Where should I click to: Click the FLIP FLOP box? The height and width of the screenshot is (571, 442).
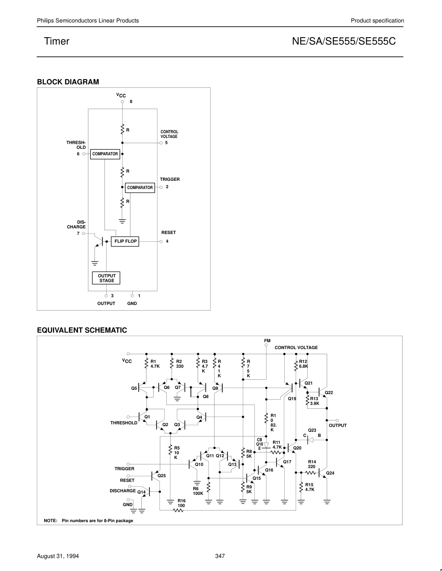click(125, 241)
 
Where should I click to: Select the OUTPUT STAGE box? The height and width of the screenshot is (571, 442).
click(106, 278)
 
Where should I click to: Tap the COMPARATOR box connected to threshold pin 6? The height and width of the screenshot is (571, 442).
click(105, 154)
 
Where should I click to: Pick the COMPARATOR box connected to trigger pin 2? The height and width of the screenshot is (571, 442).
click(140, 188)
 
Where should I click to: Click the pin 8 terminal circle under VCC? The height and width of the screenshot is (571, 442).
click(122, 102)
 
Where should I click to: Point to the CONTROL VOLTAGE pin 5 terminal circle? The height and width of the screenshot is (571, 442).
click(161, 143)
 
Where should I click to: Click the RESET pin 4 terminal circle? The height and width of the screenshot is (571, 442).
click(161, 241)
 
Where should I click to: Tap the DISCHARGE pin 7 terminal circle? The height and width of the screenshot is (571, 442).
click(84, 233)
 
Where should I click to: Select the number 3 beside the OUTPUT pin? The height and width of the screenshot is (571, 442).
click(112, 296)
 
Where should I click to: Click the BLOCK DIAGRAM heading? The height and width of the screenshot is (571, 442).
click(68, 82)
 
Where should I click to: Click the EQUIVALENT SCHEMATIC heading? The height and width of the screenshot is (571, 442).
click(82, 330)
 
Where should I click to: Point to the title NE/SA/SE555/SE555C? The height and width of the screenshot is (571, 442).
click(344, 41)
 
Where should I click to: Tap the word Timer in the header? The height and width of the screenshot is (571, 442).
click(57, 41)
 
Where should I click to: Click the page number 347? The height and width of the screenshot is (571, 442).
click(220, 556)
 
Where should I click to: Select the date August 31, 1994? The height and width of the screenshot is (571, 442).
click(58, 556)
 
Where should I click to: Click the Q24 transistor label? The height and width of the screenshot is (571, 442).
click(330, 473)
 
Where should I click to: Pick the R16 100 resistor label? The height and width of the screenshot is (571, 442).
click(182, 503)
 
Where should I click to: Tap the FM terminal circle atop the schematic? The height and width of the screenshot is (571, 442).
click(266, 345)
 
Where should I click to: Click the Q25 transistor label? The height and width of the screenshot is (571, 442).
click(162, 475)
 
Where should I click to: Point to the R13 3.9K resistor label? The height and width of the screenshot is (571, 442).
click(314, 401)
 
